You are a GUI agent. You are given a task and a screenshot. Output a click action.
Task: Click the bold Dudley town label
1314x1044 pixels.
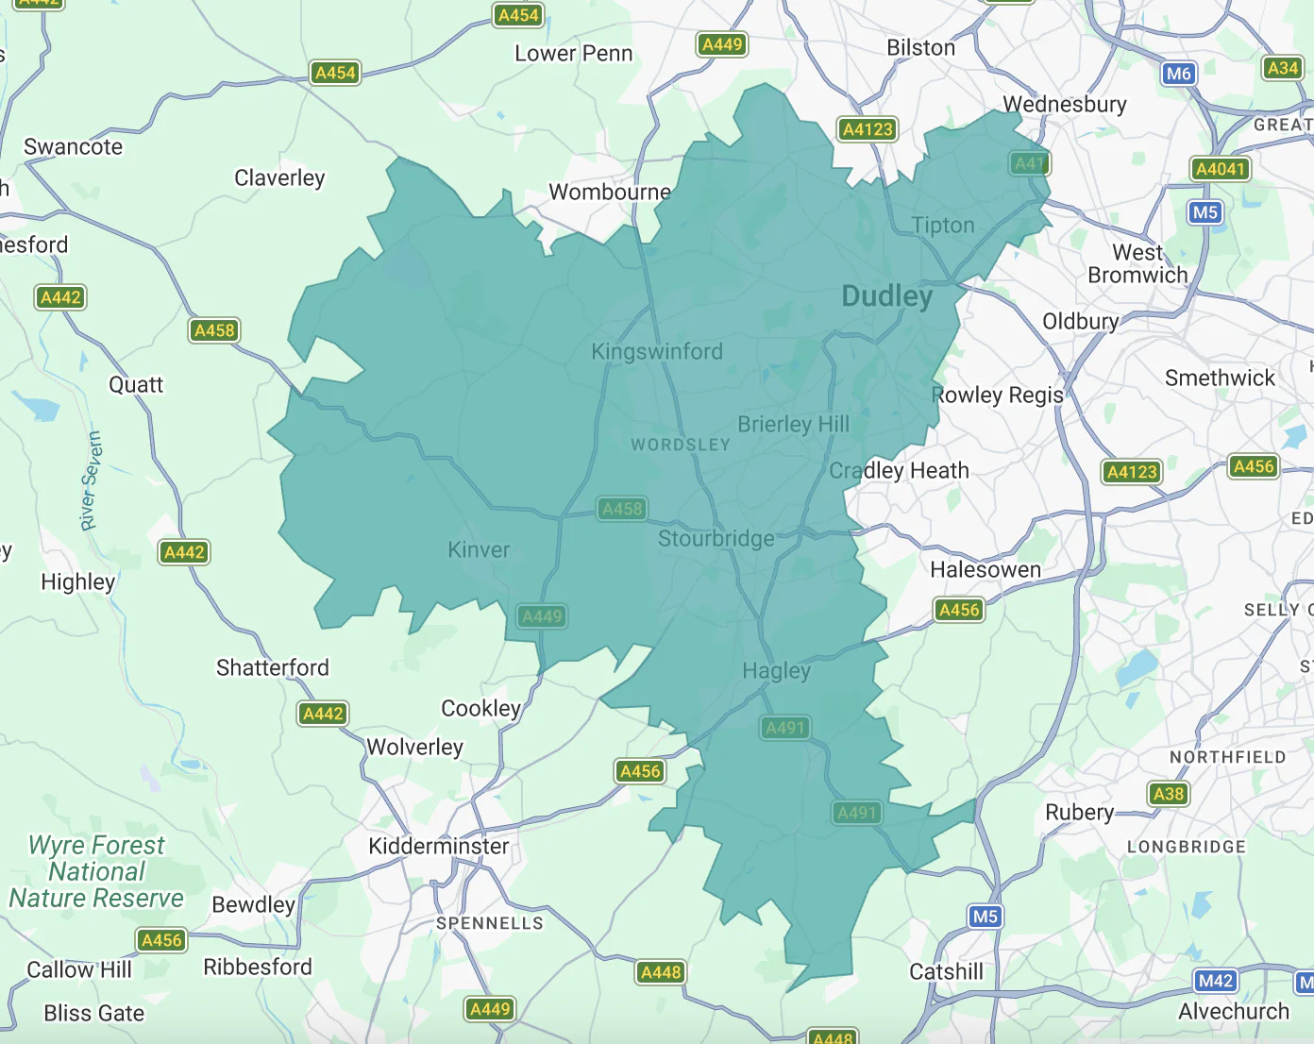(886, 296)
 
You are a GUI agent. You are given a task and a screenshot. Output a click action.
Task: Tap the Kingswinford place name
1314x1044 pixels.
(657, 351)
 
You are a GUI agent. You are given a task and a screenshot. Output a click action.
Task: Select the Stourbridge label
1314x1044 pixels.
(716, 539)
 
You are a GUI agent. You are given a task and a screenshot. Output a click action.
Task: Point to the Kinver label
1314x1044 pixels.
(479, 549)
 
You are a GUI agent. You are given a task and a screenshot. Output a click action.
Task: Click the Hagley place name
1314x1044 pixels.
(776, 671)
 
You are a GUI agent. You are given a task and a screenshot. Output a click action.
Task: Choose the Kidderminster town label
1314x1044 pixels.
(438, 846)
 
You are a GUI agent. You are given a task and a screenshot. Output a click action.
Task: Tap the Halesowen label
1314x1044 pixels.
(985, 569)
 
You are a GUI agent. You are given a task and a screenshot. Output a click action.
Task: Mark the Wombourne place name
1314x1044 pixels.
(610, 192)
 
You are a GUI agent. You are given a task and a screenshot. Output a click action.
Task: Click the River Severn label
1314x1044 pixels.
(90, 480)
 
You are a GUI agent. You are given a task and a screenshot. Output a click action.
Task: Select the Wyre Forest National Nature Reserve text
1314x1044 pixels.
(96, 871)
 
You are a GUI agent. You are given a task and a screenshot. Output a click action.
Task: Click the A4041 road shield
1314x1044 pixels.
(1221, 169)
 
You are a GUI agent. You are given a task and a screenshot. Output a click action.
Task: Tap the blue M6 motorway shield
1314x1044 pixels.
(1178, 74)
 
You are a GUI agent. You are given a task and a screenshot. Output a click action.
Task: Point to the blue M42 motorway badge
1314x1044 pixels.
(1215, 981)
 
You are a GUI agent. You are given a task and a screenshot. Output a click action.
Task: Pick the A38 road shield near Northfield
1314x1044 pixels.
(1168, 794)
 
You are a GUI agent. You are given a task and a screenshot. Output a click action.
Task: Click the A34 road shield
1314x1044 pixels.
(1282, 68)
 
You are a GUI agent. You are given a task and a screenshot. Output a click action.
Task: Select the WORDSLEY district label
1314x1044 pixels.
(680, 445)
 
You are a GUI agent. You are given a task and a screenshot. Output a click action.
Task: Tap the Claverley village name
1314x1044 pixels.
(279, 177)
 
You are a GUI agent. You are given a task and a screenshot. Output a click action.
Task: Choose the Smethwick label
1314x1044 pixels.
(1220, 379)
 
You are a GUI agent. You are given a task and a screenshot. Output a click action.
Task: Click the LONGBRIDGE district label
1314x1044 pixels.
(1186, 847)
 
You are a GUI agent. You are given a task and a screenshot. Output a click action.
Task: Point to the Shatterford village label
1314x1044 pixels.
(273, 668)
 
